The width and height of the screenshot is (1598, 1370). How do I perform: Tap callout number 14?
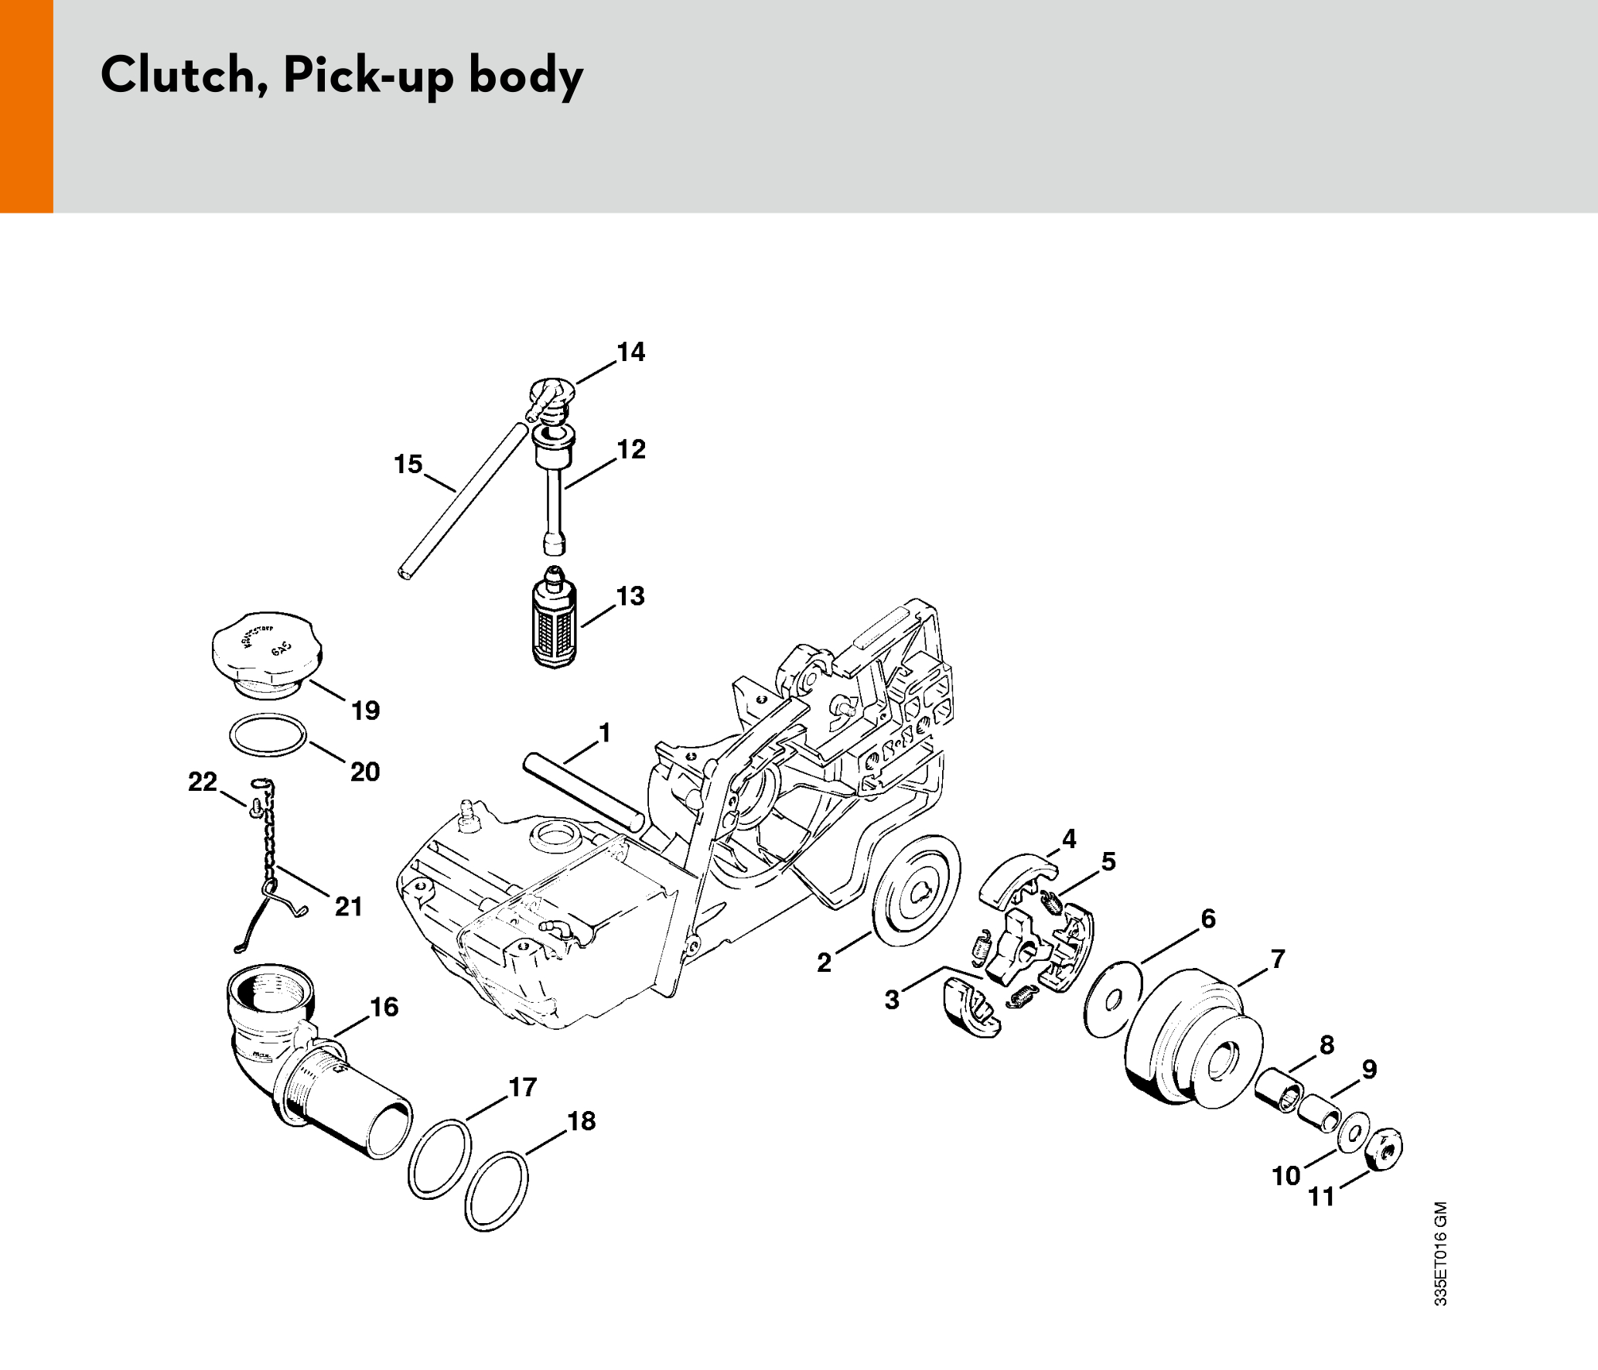630,353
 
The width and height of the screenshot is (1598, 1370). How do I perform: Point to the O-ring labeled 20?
268,734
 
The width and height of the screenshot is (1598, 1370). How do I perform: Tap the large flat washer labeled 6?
1114,1000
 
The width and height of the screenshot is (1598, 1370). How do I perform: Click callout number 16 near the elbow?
384,1007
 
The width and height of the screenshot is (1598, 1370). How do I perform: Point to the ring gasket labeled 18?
497,1191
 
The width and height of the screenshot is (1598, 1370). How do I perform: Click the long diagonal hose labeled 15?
462,500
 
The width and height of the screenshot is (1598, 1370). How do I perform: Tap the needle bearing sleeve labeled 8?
1279,1090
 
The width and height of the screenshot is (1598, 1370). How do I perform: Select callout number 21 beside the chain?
348,906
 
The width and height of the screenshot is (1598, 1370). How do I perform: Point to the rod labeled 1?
583,793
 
